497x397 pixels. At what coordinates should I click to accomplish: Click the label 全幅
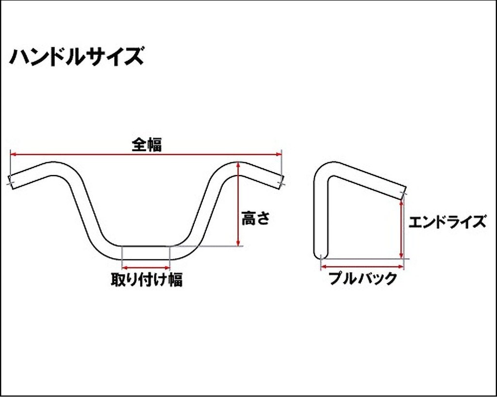click(x=147, y=145)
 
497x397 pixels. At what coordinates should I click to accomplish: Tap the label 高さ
click(x=255, y=218)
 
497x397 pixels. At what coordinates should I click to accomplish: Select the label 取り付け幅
click(x=147, y=279)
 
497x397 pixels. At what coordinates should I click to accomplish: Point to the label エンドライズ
click(x=447, y=222)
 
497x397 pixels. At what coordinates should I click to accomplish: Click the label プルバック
click(x=363, y=279)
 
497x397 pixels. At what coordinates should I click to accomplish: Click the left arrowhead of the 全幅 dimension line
click(x=13, y=154)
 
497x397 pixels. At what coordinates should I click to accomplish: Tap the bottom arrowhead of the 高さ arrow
click(x=237, y=243)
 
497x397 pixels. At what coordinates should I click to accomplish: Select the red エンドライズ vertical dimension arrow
click(x=401, y=228)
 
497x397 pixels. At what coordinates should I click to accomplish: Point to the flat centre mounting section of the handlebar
click(x=146, y=253)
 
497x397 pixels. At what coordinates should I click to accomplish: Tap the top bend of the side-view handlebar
click(x=327, y=171)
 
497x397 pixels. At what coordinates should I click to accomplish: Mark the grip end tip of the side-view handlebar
click(x=403, y=192)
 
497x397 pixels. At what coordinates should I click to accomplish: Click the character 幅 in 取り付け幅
click(x=175, y=280)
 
